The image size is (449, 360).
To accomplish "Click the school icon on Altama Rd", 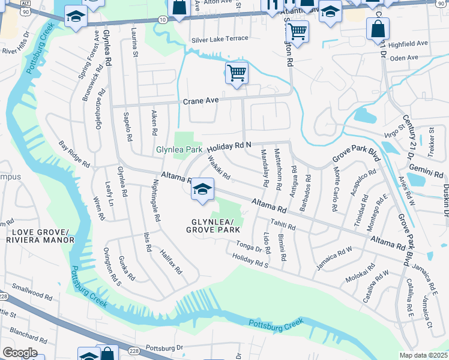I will tap(203, 189).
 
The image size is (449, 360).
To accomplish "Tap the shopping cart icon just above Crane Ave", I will tap(237, 73).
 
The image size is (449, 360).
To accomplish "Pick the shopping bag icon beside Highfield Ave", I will tap(378, 28).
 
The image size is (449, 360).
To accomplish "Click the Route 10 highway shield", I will tap(163, 20).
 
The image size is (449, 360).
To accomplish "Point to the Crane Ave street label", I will tap(200, 101).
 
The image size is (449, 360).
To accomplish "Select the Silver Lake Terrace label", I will tap(219, 39).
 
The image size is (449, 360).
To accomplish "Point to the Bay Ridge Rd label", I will tap(74, 154).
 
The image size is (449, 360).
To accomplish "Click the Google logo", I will tap(20, 353).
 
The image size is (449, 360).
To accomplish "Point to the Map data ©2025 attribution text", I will tap(423, 355).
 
